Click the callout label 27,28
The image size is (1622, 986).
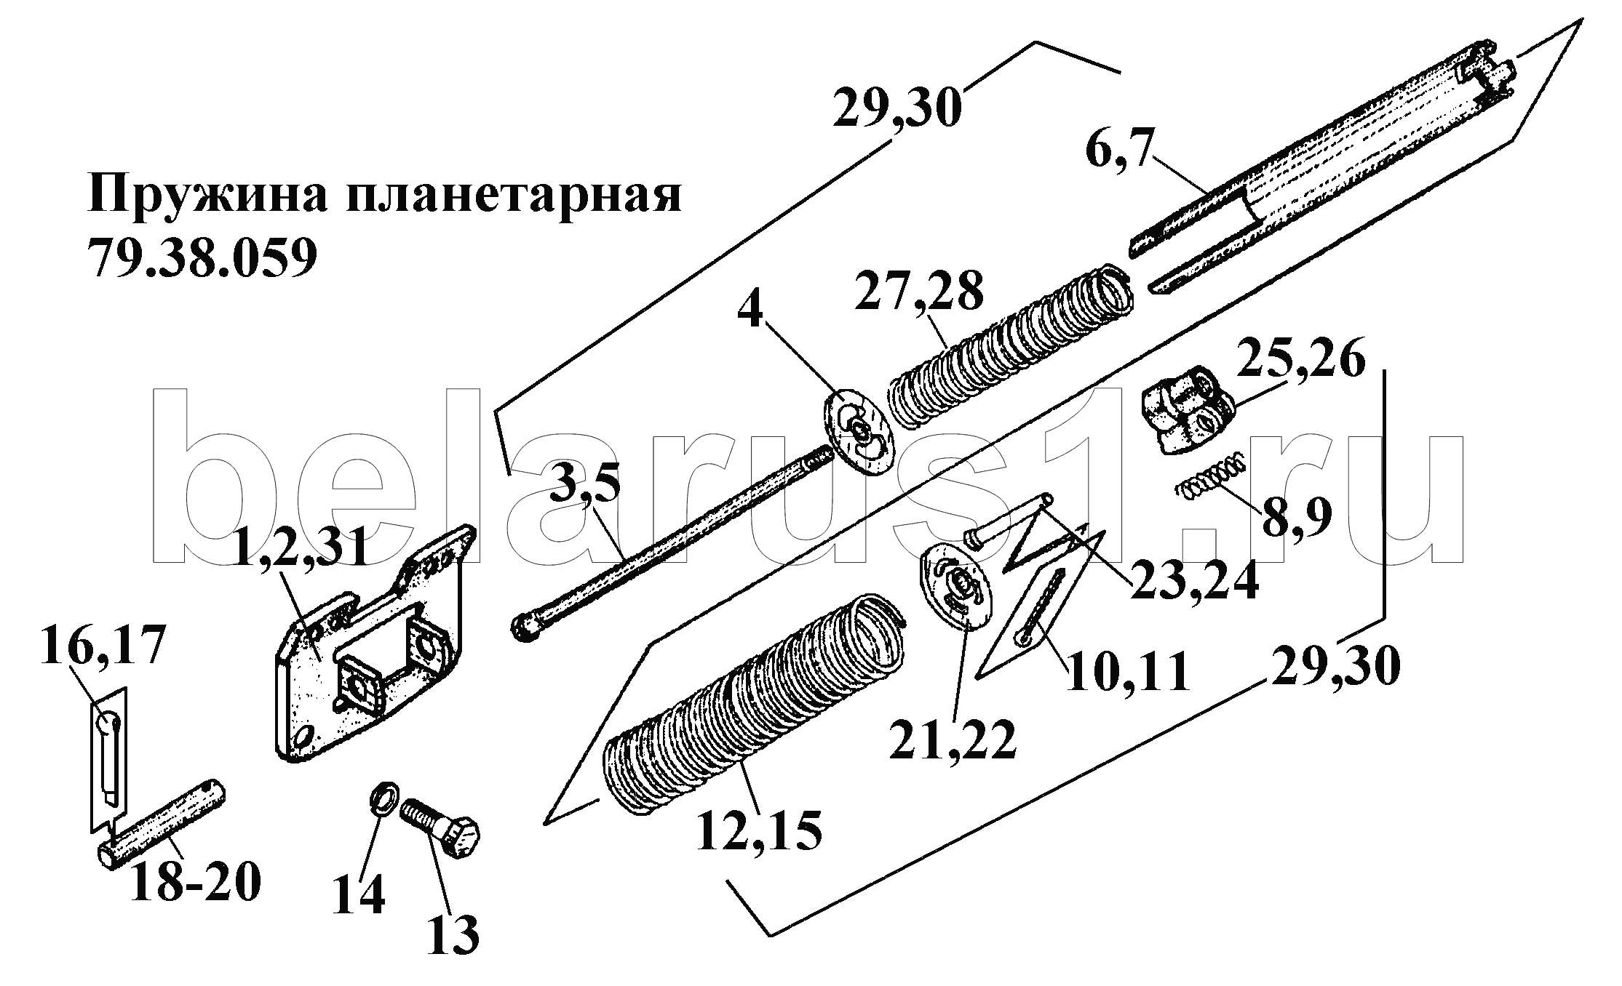[x=919, y=292]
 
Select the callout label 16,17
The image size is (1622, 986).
[x=102, y=644]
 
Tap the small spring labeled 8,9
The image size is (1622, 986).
[x=1212, y=481]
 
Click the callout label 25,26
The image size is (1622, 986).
[x=1300, y=363]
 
